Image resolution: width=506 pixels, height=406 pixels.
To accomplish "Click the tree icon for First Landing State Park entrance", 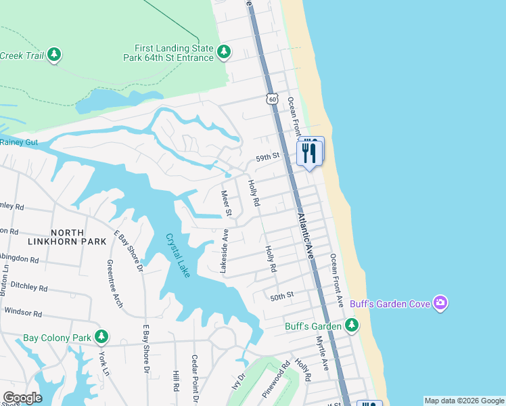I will [224, 52].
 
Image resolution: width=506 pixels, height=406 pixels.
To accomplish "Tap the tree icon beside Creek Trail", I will [54, 55].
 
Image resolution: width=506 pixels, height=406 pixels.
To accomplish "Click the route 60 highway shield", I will [271, 99].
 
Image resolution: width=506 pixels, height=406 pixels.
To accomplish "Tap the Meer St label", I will [228, 204].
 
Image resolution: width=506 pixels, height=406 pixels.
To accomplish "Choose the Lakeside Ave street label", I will [225, 251].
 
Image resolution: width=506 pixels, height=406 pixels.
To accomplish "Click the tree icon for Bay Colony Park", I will [101, 336].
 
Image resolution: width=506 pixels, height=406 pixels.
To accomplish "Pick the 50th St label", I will [282, 296].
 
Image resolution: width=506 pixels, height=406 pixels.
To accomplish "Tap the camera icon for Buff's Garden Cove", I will [440, 302].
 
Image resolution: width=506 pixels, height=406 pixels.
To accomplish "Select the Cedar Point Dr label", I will [195, 374].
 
